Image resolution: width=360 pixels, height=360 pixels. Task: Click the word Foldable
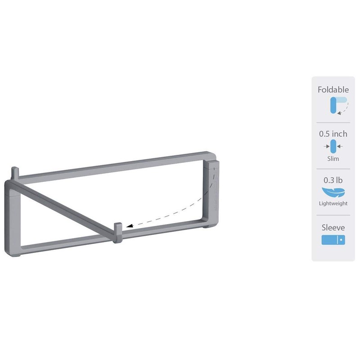click(333, 90)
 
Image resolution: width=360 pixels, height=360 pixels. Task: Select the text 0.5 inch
click(333, 134)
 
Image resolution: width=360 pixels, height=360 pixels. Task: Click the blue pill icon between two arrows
click(333, 146)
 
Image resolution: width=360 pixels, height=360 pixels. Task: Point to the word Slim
click(333, 158)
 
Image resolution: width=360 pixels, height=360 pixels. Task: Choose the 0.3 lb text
click(333, 180)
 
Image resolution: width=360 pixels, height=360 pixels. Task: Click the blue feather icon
click(333, 193)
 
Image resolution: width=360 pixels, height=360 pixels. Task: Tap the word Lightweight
click(333, 203)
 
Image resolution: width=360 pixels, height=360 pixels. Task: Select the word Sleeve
click(333, 228)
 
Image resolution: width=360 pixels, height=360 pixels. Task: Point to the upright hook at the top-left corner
click(15, 172)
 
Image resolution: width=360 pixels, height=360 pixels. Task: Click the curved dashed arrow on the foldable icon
click(345, 109)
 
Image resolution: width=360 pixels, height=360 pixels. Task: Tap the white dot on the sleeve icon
click(341, 240)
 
